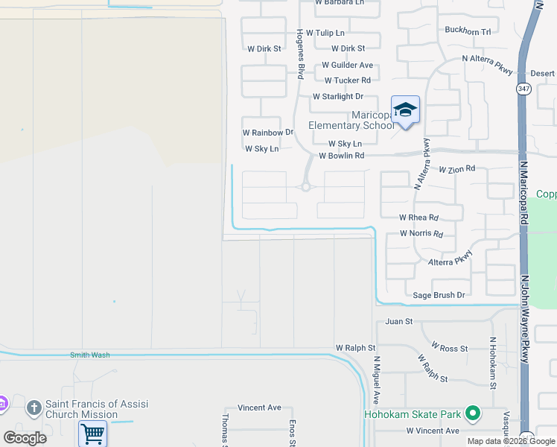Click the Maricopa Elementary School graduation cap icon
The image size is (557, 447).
405,110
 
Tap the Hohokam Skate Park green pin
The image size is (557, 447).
472,413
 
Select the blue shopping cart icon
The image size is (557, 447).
92,433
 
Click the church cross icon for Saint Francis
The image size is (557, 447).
33,408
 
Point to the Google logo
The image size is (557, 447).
25,438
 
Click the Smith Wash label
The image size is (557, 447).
89,355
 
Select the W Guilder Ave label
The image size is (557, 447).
348,66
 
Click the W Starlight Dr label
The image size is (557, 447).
337,97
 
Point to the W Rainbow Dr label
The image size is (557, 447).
268,133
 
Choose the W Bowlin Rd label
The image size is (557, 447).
341,156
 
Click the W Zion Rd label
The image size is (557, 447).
456,170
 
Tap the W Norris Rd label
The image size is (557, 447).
421,234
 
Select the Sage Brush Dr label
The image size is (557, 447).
439,296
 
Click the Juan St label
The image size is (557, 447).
399,323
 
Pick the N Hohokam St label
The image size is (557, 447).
492,363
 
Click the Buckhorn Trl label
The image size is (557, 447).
468,32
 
